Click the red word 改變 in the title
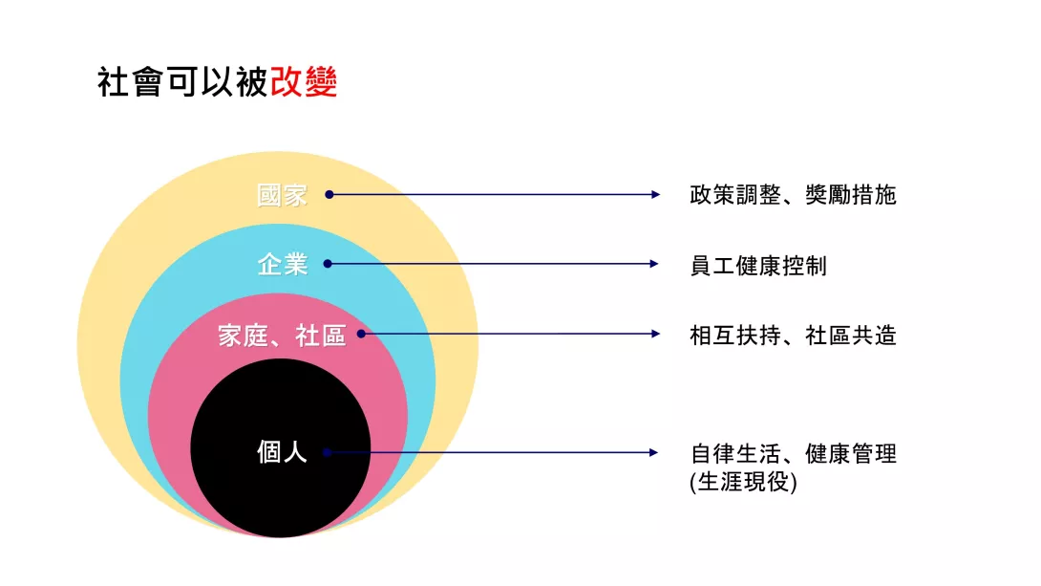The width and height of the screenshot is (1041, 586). tap(304, 82)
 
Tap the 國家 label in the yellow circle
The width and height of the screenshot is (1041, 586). tap(282, 195)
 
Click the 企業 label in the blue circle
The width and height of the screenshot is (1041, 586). tap(282, 265)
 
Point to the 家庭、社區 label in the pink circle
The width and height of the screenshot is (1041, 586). tap(282, 336)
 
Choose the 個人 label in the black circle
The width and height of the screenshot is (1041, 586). tap(282, 452)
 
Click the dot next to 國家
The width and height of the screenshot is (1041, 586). tap(329, 195)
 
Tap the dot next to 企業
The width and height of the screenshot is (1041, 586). tap(328, 264)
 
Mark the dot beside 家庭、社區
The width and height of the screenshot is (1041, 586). tap(361, 334)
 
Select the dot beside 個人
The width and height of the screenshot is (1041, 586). tap(327, 452)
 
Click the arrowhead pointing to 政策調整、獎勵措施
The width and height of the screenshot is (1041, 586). tap(655, 195)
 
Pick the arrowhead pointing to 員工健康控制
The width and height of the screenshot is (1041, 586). tap(654, 264)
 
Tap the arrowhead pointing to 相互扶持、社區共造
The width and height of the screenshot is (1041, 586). tap(655, 334)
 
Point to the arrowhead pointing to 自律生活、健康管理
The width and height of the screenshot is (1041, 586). tap(654, 452)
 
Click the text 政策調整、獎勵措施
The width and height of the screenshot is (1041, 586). tap(794, 195)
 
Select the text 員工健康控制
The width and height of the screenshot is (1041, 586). tap(759, 266)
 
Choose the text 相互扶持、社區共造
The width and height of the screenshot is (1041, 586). tap(794, 336)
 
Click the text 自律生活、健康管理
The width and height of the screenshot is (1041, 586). tap(794, 454)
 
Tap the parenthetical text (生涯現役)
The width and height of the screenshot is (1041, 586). tap(744, 482)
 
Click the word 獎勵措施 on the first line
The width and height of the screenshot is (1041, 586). tap(851, 195)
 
